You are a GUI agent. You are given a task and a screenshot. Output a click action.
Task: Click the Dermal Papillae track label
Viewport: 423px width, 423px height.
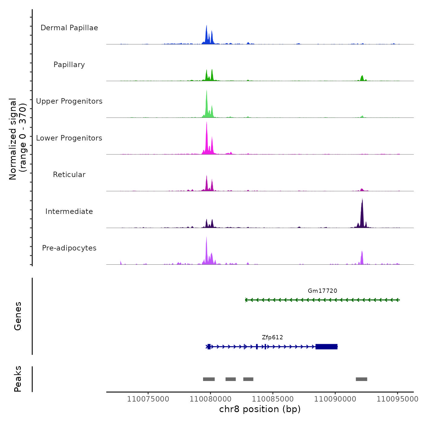coord(69,28)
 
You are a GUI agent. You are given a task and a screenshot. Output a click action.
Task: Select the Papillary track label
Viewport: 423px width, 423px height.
coord(69,65)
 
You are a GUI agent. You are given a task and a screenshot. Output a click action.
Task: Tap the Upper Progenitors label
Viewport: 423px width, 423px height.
coord(69,101)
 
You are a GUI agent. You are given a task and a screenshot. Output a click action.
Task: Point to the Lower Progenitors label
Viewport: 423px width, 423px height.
coord(69,138)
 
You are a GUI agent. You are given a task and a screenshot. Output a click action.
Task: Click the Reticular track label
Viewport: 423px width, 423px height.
coord(69,175)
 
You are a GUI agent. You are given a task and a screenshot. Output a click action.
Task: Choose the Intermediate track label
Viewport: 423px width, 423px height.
coord(69,211)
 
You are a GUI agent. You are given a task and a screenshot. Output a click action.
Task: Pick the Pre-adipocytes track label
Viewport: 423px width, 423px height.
coord(69,248)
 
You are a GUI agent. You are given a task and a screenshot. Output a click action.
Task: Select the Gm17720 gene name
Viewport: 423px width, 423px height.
coord(322,291)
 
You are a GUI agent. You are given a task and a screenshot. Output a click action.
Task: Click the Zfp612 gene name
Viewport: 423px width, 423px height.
coord(272,337)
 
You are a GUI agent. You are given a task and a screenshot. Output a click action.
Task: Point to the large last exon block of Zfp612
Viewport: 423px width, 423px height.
coord(326,347)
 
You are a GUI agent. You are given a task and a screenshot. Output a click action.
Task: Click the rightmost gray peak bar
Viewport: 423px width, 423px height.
coord(361,379)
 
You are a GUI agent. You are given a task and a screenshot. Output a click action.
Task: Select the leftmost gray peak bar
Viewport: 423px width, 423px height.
coord(209,379)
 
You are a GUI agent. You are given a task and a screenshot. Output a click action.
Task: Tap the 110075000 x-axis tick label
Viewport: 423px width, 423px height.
coord(148,399)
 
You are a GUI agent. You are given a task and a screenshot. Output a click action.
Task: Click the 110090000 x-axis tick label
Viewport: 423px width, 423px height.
coord(335,399)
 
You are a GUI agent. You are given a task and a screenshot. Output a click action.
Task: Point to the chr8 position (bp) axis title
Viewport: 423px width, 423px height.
coord(260,409)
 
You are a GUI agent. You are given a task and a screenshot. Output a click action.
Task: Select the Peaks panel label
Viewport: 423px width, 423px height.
coord(18,379)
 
